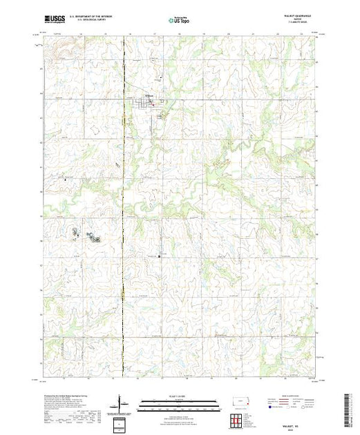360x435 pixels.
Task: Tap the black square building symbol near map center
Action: pyautogui.click(x=160, y=256)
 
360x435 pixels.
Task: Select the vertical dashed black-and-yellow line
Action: pyautogui.click(x=123, y=207)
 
